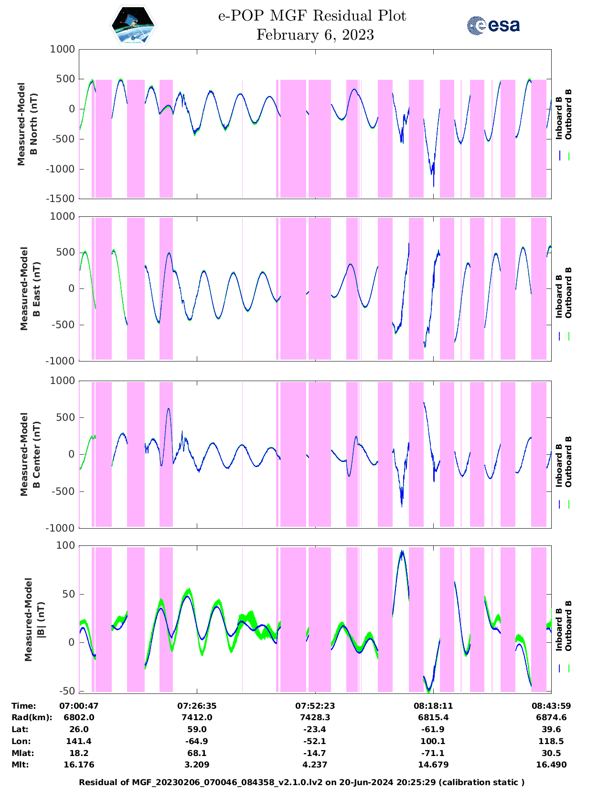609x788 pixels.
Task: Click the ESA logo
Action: [493, 25]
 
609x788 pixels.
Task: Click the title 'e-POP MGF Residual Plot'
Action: [312, 16]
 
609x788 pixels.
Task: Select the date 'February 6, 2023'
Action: [315, 35]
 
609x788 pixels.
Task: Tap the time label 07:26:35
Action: [197, 706]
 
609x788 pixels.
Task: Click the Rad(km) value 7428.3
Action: [315, 717]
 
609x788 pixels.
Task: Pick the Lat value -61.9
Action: [433, 729]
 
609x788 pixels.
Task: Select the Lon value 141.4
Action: [79, 741]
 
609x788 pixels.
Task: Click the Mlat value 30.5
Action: [551, 753]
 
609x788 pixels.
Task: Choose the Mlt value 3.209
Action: [197, 765]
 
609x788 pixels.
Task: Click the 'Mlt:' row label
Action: [20, 765]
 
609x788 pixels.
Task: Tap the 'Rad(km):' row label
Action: [32, 717]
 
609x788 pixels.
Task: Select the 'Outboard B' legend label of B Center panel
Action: [568, 461]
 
